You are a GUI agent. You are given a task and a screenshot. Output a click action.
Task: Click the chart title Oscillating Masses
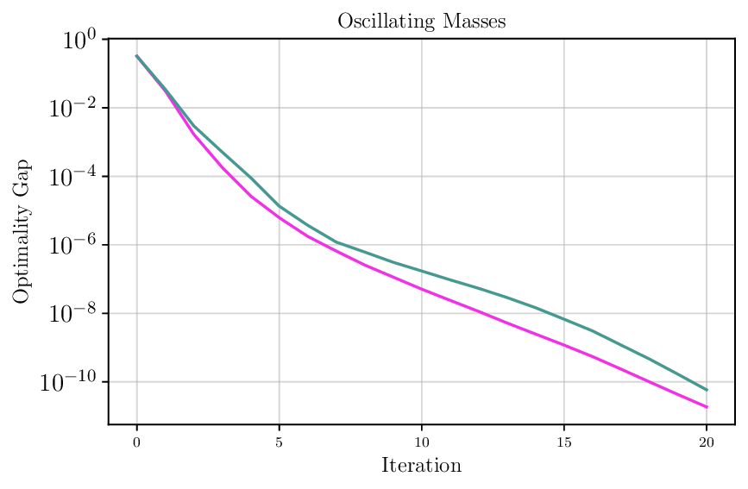[x=421, y=22]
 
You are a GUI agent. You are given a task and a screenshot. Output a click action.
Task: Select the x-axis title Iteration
[x=421, y=466]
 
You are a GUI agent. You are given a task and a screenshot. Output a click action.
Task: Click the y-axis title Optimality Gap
[x=21, y=231]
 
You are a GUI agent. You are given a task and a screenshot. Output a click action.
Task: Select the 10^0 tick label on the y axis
[x=74, y=41]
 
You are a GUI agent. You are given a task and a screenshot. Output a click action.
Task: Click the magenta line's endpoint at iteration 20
[x=707, y=407]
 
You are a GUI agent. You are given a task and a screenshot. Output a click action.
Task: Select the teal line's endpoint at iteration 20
[x=707, y=390]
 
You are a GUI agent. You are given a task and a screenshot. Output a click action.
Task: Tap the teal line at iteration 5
[x=279, y=205]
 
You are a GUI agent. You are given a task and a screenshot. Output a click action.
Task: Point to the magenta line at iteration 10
[x=421, y=288]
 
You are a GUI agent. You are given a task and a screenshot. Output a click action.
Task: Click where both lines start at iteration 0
[x=136, y=56]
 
